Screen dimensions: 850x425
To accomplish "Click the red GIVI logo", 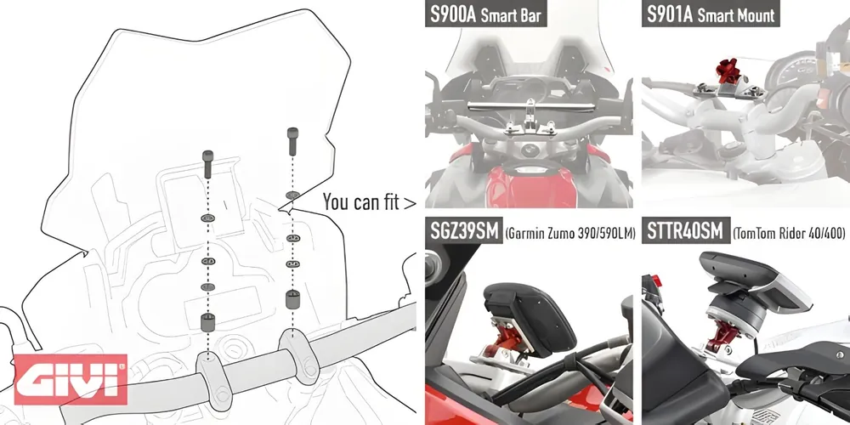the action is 71,379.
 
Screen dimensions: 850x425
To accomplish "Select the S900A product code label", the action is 453,14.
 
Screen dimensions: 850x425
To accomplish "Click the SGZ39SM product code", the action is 464,231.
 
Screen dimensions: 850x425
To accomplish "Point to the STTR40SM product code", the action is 685,231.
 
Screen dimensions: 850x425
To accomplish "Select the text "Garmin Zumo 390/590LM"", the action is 569,234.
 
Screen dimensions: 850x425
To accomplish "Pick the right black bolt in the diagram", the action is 292,141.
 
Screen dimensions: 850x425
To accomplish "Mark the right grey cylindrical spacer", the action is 292,300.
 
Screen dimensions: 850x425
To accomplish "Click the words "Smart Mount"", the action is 735,15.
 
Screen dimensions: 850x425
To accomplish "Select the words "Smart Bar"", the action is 512,15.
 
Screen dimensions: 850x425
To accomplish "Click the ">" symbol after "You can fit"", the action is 410,203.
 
